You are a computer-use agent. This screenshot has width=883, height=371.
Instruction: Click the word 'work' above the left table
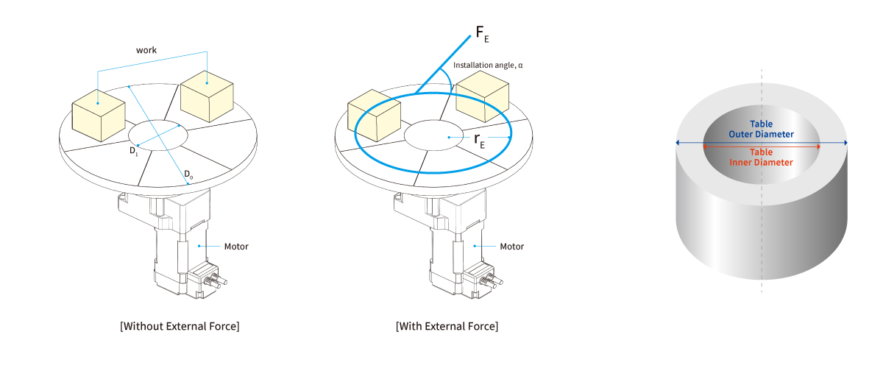(146, 50)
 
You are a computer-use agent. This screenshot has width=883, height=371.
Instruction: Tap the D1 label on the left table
(134, 151)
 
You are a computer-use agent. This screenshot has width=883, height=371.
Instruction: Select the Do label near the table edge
(188, 174)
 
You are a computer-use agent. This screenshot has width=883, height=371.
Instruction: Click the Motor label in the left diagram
(236, 247)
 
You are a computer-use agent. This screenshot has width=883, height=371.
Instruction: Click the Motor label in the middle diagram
(511, 247)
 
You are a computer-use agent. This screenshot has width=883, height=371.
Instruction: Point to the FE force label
(483, 34)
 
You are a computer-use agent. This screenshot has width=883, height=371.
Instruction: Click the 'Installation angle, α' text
(488, 65)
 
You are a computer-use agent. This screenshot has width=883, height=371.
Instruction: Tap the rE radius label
(479, 140)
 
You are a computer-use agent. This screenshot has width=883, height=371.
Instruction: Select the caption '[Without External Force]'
(180, 326)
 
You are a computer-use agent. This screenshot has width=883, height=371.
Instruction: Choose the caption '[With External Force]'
(447, 326)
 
